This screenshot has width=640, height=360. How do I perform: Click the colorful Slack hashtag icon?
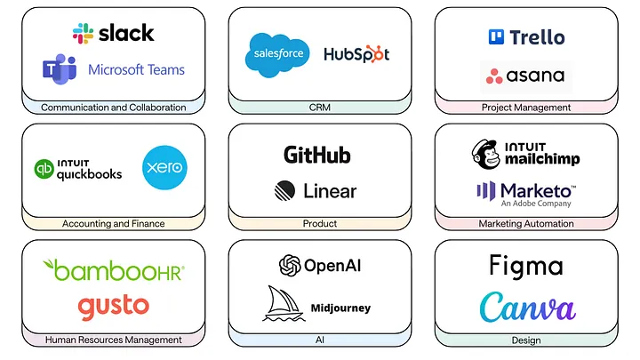(84, 34)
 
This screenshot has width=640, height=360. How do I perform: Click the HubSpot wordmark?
(356, 54)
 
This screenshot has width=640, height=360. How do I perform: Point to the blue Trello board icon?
(496, 37)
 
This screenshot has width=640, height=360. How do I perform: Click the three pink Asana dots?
(494, 76)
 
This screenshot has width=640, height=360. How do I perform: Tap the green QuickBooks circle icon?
(44, 169)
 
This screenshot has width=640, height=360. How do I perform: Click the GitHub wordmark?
(316, 155)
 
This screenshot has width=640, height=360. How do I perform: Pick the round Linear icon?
(285, 190)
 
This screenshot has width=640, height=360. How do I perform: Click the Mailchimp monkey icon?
(487, 154)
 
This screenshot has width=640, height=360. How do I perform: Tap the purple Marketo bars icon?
(485, 190)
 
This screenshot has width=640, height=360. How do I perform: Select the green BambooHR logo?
(114, 268)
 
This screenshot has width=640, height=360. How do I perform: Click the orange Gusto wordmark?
(113, 307)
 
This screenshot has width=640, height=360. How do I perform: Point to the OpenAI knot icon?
(290, 265)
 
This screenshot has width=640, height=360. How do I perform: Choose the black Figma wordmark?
(526, 267)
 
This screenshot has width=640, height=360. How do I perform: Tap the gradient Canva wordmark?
(527, 308)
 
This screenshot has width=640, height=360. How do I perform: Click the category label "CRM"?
(320, 108)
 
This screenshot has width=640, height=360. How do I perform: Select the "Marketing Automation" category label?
(526, 224)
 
